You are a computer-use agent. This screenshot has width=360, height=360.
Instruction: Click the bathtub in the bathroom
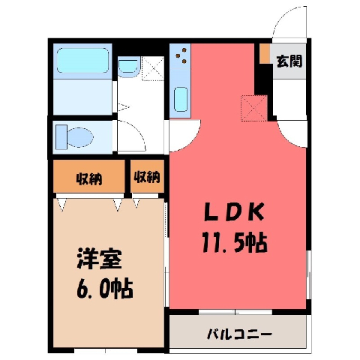(82, 61)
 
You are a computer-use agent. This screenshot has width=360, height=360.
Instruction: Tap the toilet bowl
(80, 137)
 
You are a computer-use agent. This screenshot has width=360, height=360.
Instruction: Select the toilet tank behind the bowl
(61, 137)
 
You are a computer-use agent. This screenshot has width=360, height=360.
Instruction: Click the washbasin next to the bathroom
(128, 67)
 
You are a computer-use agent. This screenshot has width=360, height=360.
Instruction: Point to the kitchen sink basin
(181, 99)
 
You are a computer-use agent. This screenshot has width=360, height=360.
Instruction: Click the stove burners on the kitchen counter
(182, 55)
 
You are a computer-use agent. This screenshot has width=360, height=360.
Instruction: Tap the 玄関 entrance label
(289, 61)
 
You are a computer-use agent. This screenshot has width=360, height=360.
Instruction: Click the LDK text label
(234, 211)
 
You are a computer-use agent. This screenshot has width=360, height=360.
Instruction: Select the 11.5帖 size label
(235, 242)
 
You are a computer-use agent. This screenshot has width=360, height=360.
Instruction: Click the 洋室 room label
(100, 259)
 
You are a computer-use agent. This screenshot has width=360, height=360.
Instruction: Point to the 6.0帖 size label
(105, 289)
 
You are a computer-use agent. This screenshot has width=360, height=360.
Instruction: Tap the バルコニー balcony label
(239, 334)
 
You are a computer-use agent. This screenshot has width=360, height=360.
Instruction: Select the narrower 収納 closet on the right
(147, 176)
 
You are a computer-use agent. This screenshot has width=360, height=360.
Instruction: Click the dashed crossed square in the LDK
(254, 108)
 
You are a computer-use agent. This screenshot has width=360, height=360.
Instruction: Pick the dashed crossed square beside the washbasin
(153, 68)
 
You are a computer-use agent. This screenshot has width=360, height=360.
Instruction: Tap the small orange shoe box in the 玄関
(265, 53)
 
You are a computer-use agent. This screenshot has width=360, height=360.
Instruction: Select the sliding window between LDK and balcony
(235, 312)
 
